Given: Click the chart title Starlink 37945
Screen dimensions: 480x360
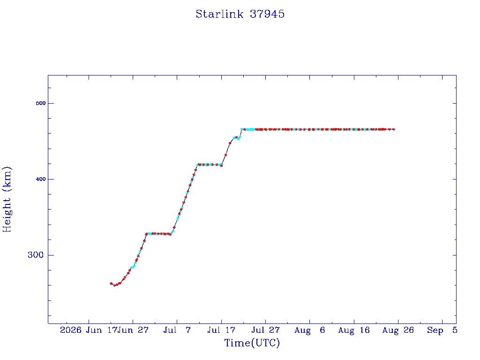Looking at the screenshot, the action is (x=240, y=14).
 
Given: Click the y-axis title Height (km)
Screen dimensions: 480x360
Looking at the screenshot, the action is (x=7, y=199).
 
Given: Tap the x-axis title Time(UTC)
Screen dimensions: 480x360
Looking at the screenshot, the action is (x=252, y=343).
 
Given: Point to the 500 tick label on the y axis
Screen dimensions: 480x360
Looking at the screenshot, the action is (x=41, y=103).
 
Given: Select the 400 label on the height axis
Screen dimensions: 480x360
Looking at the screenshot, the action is (x=41, y=179).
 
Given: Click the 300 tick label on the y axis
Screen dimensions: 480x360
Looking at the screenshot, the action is (x=36, y=255).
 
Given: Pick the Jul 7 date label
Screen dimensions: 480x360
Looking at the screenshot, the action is (x=177, y=330).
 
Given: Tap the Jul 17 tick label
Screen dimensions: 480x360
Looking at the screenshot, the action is (x=221, y=330).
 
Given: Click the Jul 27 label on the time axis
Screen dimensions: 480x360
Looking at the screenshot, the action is (x=265, y=330).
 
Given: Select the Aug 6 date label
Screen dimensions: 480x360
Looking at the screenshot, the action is (x=309, y=330).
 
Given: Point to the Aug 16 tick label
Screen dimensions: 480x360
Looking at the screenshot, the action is (x=354, y=330).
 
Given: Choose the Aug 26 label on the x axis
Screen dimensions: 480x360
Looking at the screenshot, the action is (x=398, y=330).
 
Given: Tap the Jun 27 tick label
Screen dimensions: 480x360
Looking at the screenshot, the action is (x=133, y=330).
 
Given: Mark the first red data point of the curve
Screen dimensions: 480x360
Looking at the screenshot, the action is (x=111, y=284).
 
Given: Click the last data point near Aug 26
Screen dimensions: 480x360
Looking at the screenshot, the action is (x=393, y=129).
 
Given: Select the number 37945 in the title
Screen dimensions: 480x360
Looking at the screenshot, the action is (x=267, y=14).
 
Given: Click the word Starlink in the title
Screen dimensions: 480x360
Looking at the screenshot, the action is (x=219, y=14).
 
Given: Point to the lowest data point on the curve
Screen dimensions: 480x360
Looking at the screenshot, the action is (x=115, y=285).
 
